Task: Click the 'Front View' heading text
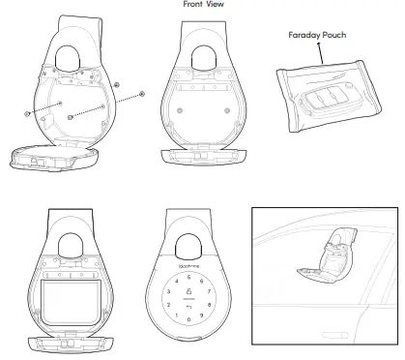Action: point(204,4)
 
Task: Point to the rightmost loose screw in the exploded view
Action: point(142,94)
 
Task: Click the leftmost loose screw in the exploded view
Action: point(27,114)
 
